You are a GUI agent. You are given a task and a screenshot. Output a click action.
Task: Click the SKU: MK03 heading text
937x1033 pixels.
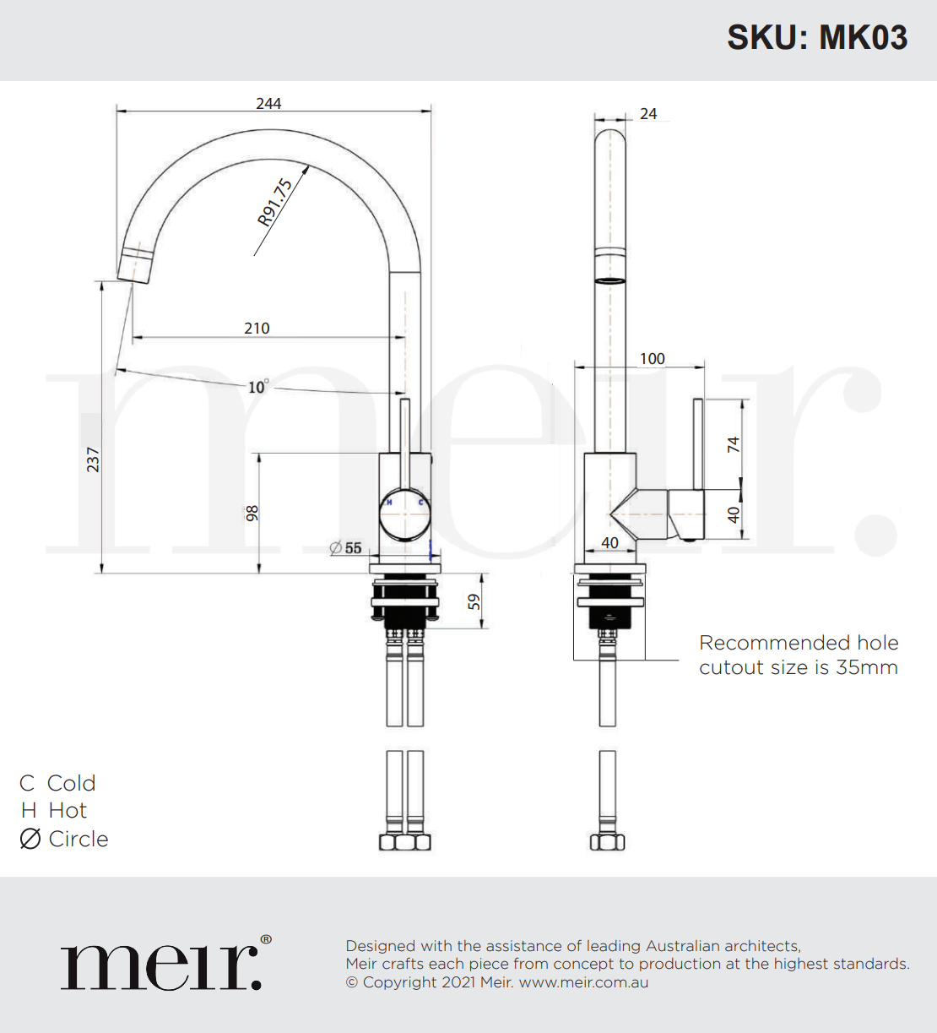[816, 38]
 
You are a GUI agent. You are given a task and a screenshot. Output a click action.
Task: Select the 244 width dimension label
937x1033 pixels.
[268, 103]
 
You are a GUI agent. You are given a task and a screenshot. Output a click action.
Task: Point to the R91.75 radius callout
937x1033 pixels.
[275, 203]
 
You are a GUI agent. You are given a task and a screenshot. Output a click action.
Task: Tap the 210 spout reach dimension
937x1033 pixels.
[257, 328]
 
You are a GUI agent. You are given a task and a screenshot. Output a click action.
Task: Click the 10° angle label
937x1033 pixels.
[257, 387]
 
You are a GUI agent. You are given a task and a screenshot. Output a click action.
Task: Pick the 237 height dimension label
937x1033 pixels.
[93, 459]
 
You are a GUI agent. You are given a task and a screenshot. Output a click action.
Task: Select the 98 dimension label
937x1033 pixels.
[252, 513]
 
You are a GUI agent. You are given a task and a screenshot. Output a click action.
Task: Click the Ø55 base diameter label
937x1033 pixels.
[346, 548]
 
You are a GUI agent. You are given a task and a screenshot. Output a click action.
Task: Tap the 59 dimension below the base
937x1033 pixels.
[474, 601]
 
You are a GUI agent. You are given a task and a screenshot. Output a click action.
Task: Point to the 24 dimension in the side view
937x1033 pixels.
[648, 113]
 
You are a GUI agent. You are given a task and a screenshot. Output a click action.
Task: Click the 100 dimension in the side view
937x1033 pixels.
[652, 358]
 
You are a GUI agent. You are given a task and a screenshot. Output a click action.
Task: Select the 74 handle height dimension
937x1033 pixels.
[733, 444]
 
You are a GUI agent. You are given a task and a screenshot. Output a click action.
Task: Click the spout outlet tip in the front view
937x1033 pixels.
[136, 264]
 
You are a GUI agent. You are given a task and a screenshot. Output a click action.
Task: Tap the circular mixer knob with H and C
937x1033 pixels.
[405, 514]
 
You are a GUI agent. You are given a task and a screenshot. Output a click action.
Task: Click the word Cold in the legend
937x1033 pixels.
[72, 783]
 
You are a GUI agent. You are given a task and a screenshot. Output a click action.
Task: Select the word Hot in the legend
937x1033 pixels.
[68, 811]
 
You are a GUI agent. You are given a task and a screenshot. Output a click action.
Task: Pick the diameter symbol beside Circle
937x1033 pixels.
[30, 839]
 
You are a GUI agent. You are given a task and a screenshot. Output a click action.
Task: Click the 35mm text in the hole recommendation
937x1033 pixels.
[867, 667]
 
